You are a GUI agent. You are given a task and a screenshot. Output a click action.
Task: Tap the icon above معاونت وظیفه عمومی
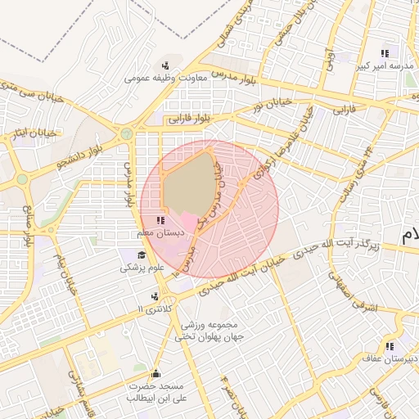pyautogui.click(x=165, y=65)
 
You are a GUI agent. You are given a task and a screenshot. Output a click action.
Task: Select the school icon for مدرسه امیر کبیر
pyautogui.click(x=385, y=54)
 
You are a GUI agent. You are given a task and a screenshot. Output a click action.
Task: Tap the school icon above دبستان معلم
pyautogui.click(x=160, y=220)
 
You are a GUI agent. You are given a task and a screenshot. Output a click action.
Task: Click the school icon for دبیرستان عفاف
pyautogui.click(x=390, y=345)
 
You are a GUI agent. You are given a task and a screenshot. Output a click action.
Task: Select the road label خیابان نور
pyautogui.click(x=270, y=105)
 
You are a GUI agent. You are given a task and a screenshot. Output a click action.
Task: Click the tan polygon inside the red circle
pyautogui.click(x=188, y=184)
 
